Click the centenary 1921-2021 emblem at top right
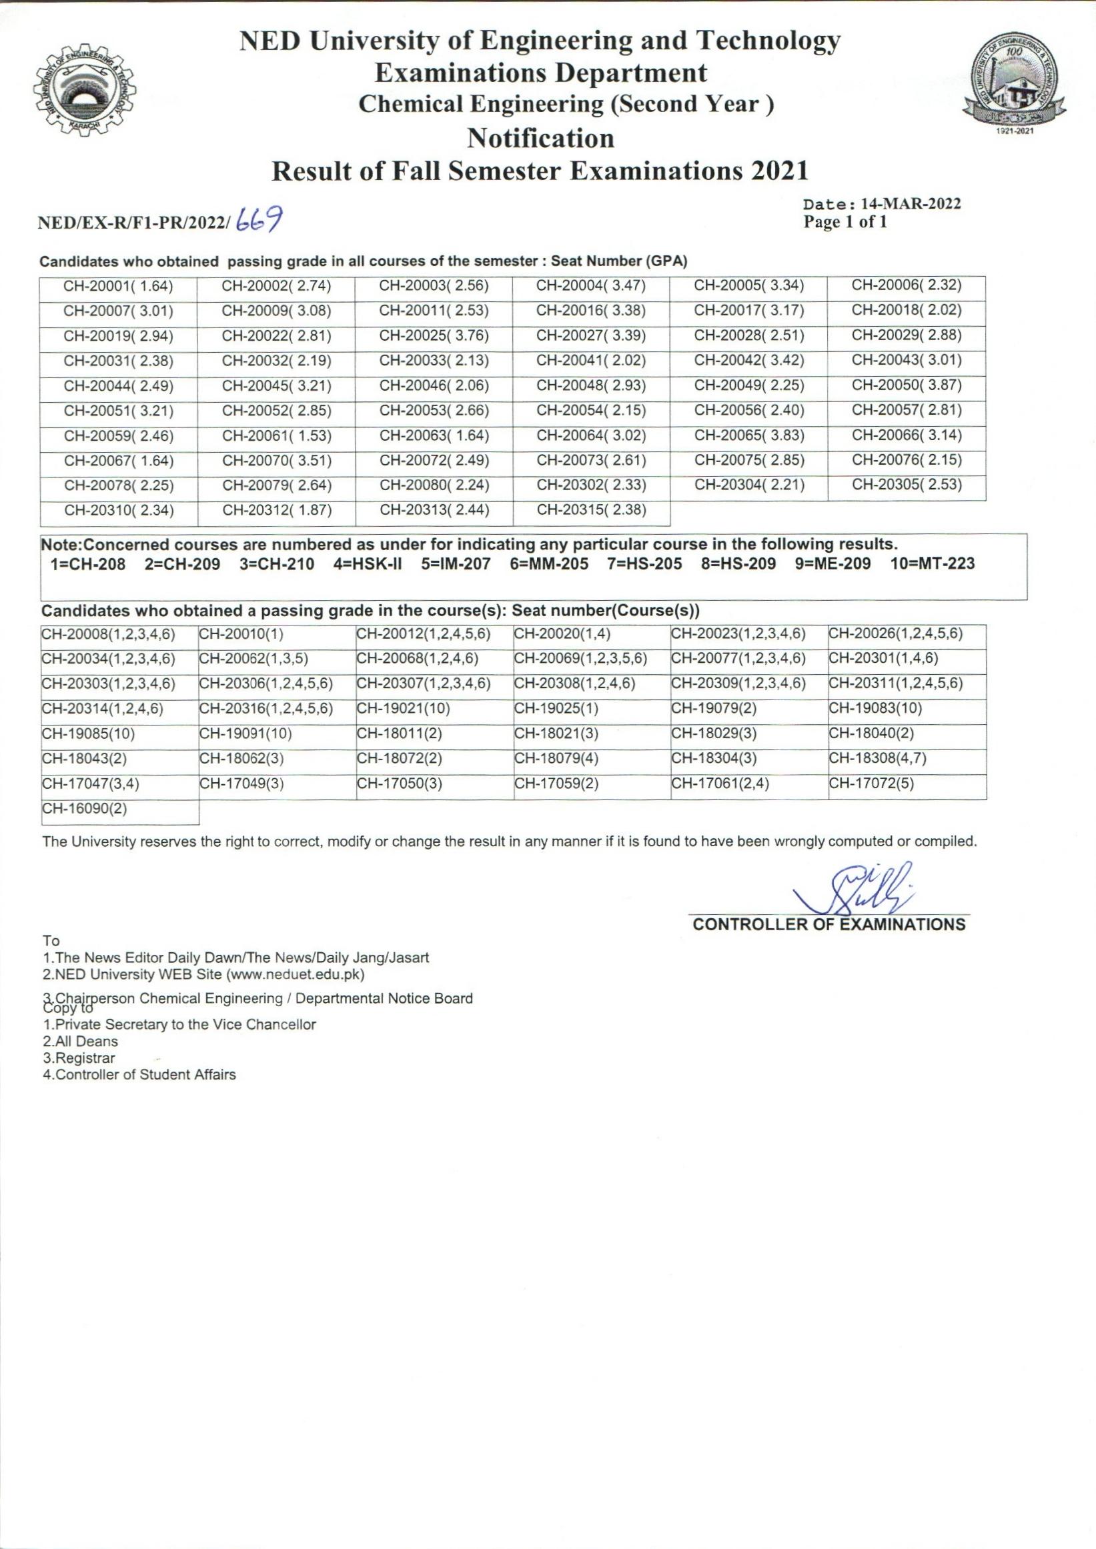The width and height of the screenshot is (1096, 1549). (x=1015, y=85)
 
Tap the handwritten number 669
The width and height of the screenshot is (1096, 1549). (x=259, y=219)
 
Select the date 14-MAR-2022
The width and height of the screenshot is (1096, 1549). (x=911, y=204)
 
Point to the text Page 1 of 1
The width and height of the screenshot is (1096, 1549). (x=845, y=222)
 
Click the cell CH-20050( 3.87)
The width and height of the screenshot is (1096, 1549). (x=907, y=385)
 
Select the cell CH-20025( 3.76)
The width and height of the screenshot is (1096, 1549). (x=434, y=335)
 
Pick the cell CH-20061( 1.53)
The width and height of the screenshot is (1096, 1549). (x=277, y=436)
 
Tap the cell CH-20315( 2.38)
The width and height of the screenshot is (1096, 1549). (x=591, y=510)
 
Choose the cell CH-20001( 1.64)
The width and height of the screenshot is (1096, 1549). (x=118, y=286)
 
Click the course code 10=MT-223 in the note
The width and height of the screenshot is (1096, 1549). (x=932, y=564)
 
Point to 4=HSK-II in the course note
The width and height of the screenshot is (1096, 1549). (x=367, y=564)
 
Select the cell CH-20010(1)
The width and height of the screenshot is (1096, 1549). (x=241, y=634)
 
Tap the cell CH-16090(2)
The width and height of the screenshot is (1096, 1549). (x=84, y=809)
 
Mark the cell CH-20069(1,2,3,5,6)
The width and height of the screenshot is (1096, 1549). (x=580, y=658)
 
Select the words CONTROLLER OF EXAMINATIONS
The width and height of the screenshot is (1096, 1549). (x=829, y=924)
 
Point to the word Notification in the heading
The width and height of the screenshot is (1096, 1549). (x=540, y=138)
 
